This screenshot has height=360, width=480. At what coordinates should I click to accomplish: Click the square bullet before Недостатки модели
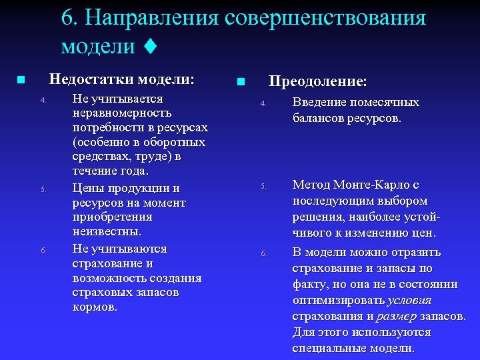pos(21,80)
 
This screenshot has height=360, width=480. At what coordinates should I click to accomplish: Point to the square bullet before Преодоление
pos(241,82)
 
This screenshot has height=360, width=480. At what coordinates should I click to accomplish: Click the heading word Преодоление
pos(317,81)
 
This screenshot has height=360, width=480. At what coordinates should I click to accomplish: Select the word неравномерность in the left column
pos(122,113)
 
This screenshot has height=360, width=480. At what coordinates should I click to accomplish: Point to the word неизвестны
pos(107,232)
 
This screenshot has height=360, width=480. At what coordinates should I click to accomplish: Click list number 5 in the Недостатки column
pos(43,189)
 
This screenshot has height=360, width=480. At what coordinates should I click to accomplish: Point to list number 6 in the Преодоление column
pos(263,254)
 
